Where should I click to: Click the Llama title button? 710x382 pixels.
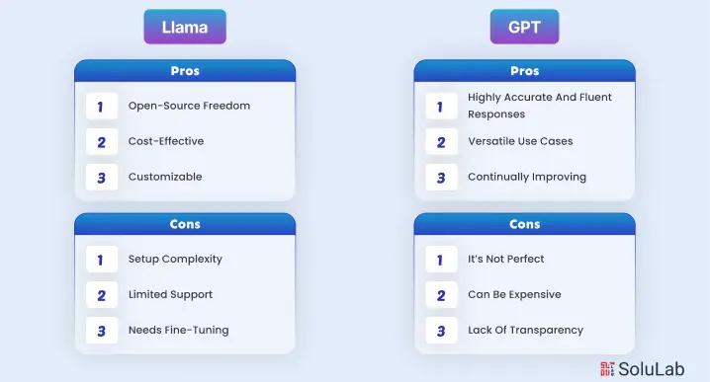tap(185, 27)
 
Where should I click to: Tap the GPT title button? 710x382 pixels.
tap(524, 27)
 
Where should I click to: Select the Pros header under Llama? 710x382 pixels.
tap(185, 71)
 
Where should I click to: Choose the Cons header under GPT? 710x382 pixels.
tap(524, 224)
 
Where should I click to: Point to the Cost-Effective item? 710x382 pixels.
tap(166, 141)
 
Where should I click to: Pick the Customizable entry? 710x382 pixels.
tap(165, 177)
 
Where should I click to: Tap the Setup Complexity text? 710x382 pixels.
tap(175, 259)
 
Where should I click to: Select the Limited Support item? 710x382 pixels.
tap(170, 294)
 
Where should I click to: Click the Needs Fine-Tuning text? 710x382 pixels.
tap(178, 330)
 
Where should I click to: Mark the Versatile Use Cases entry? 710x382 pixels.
tap(520, 141)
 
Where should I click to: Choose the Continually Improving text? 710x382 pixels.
tap(527, 177)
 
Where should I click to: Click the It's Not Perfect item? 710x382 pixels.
tap(506, 259)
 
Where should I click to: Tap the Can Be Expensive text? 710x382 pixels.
tap(514, 294)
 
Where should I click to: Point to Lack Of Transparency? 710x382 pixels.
tap(525, 330)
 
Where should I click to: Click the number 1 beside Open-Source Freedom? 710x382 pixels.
tap(102, 106)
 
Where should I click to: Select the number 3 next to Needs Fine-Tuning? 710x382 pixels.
tap(102, 330)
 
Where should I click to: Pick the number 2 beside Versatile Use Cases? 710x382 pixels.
tap(441, 141)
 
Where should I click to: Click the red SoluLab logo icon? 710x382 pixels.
tap(606, 367)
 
